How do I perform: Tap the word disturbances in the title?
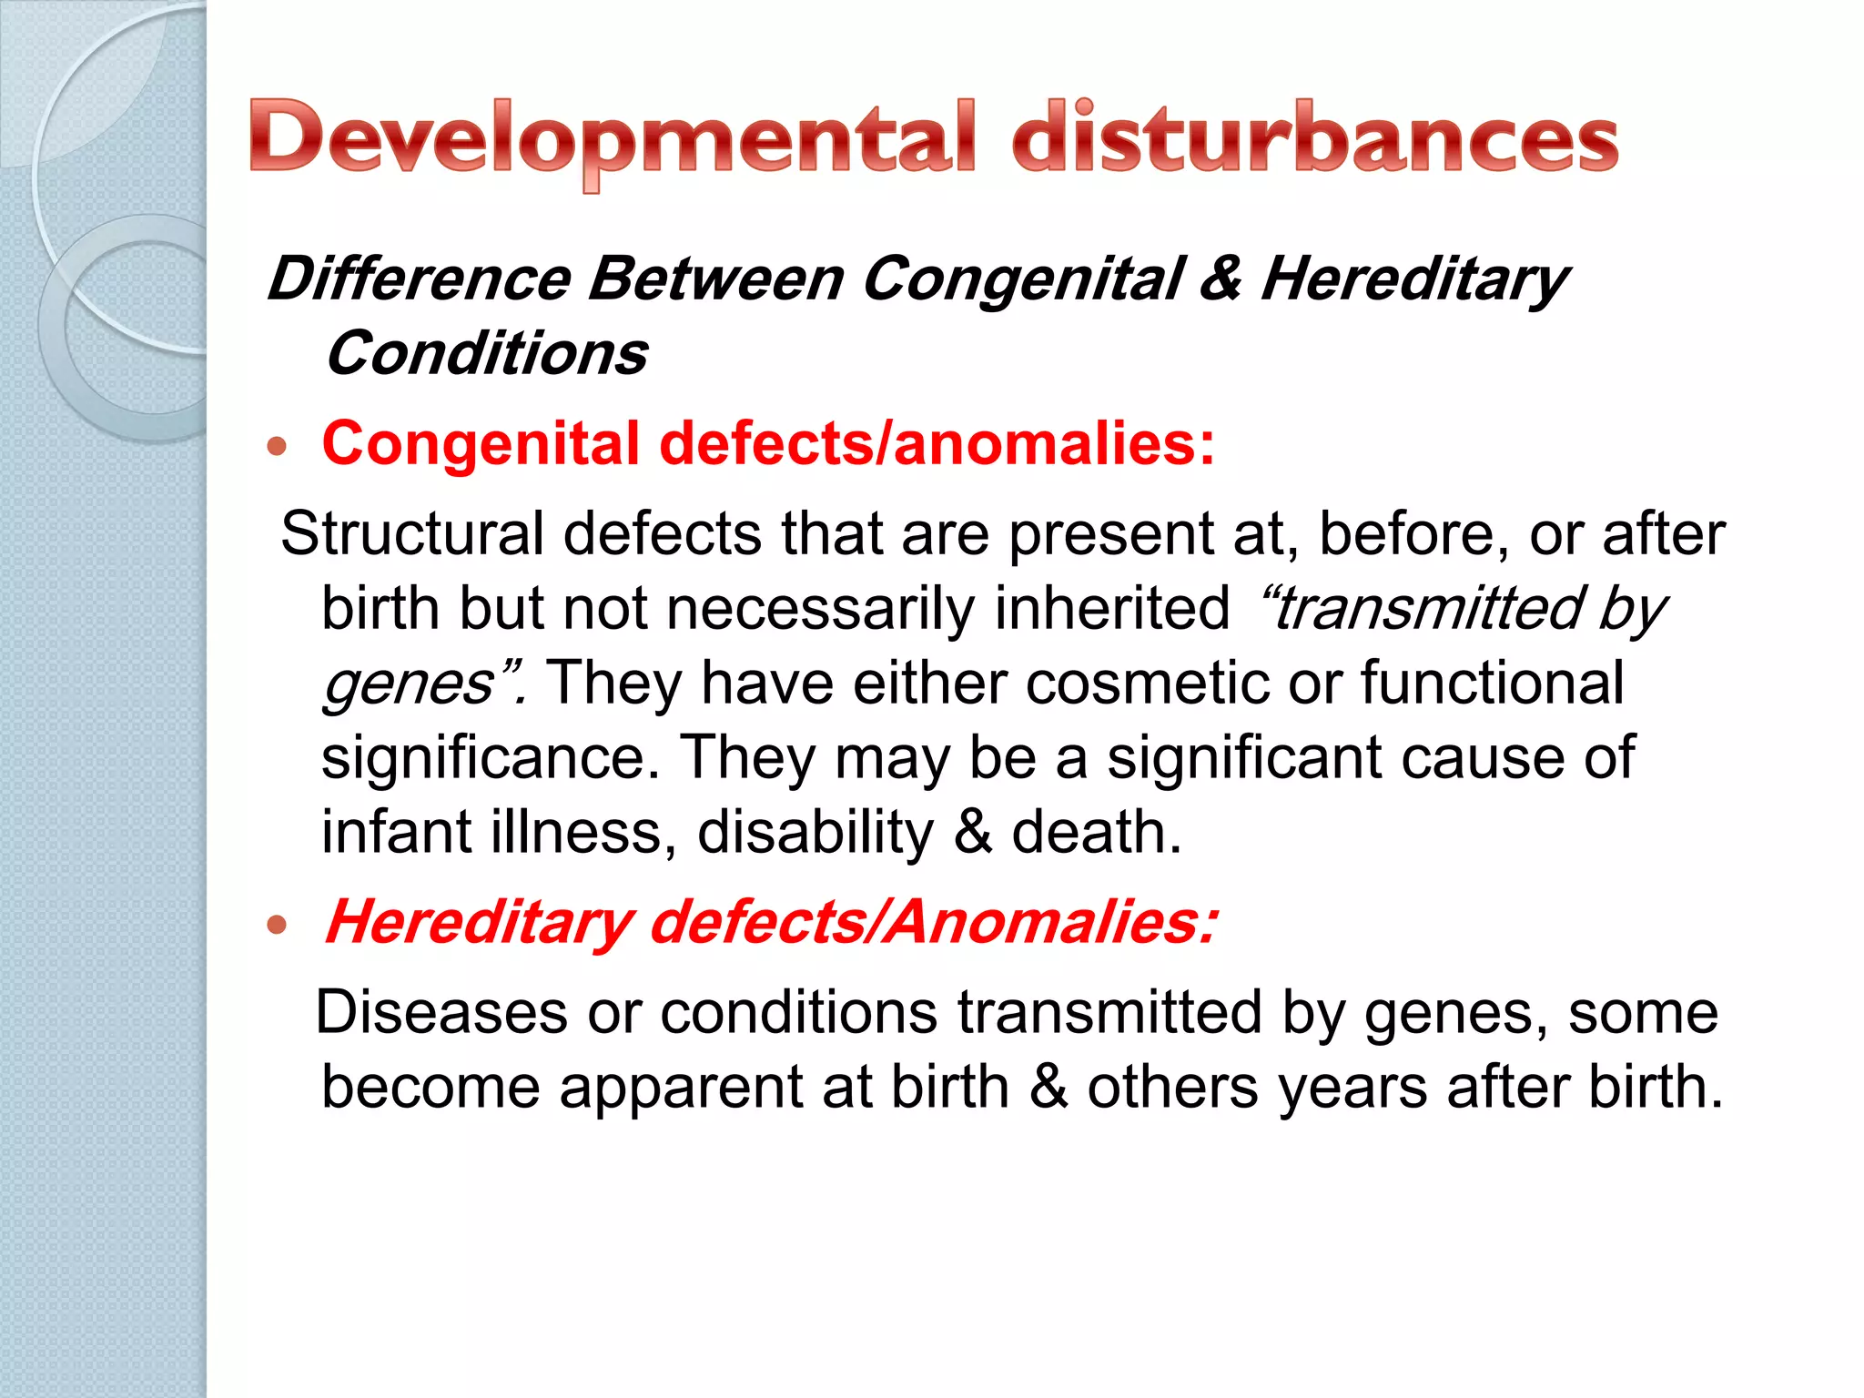(1315, 138)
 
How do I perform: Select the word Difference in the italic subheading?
(419, 279)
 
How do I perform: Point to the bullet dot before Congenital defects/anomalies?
(278, 446)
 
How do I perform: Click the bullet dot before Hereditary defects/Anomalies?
(278, 926)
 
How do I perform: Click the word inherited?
(1111, 608)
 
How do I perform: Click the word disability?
(815, 832)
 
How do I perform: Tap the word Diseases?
(441, 1012)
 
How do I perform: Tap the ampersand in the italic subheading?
(1221, 279)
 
